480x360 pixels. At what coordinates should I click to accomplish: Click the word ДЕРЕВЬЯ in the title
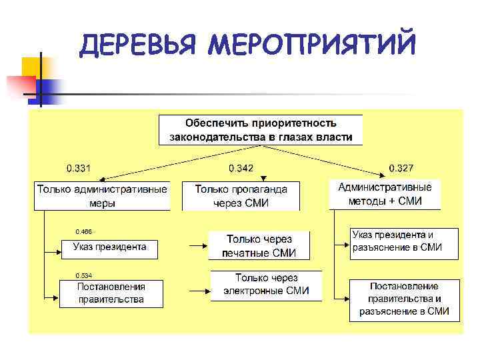click(x=137, y=45)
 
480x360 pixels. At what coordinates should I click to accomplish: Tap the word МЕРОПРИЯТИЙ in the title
click(x=311, y=45)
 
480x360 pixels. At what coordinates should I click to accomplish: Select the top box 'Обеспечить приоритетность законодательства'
click(x=261, y=131)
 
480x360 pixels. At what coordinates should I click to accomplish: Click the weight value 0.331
click(x=78, y=167)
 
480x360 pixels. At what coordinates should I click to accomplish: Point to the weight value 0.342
click(x=241, y=167)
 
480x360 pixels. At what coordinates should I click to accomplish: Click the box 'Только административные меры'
click(x=102, y=196)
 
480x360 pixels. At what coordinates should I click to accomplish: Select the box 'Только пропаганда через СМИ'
click(x=241, y=196)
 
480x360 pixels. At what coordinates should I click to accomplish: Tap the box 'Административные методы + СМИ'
click(x=385, y=194)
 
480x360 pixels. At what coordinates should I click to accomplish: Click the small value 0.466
click(x=83, y=231)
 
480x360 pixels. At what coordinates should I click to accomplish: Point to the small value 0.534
click(x=83, y=275)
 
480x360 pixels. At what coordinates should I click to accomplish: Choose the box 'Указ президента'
click(x=109, y=247)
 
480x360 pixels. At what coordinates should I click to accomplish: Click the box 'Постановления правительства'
click(x=111, y=293)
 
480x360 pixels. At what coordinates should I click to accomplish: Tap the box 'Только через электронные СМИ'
click(x=266, y=285)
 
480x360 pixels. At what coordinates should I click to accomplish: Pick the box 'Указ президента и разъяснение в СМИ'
click(x=404, y=243)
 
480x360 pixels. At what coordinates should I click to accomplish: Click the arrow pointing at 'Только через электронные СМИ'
click(x=199, y=289)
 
